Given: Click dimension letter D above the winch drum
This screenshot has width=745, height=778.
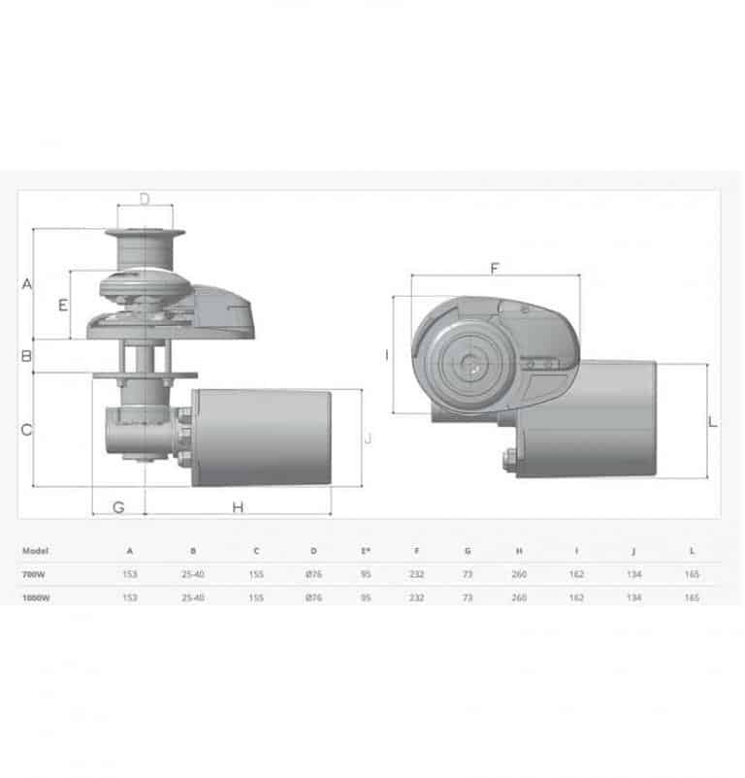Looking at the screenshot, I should coord(145,199).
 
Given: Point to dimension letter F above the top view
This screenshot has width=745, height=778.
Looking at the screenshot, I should coord(494,267).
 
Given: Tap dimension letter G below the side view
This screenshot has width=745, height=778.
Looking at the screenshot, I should coord(118,506).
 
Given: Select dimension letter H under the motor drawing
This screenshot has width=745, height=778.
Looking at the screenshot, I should coord(238,506).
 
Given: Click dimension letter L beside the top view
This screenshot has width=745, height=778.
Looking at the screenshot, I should coord(713,422).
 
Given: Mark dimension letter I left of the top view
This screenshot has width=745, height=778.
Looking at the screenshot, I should coord(386,355).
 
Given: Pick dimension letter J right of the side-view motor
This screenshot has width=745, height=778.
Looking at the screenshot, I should coord(368,438).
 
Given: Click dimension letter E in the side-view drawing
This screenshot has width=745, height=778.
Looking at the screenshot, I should coord(63,305).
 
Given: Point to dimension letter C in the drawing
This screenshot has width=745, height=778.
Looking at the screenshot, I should coord(27,428).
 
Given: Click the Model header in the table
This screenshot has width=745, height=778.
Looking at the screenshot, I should coord(36,550).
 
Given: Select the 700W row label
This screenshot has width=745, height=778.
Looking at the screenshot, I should coord(34,574).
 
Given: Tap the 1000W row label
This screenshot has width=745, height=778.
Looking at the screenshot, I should coord(36,598).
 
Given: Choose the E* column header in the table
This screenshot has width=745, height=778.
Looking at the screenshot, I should coord(365,550).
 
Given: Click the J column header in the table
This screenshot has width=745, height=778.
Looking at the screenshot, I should coord(633,550).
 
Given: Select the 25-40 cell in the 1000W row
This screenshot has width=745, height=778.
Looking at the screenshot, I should coord(193,598).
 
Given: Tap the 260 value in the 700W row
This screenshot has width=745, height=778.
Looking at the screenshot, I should coord(519,574).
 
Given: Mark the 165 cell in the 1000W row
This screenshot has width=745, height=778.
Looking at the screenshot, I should coord(692,598).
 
